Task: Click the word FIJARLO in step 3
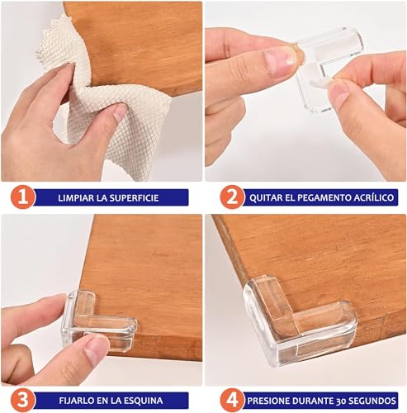coord(79,401)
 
